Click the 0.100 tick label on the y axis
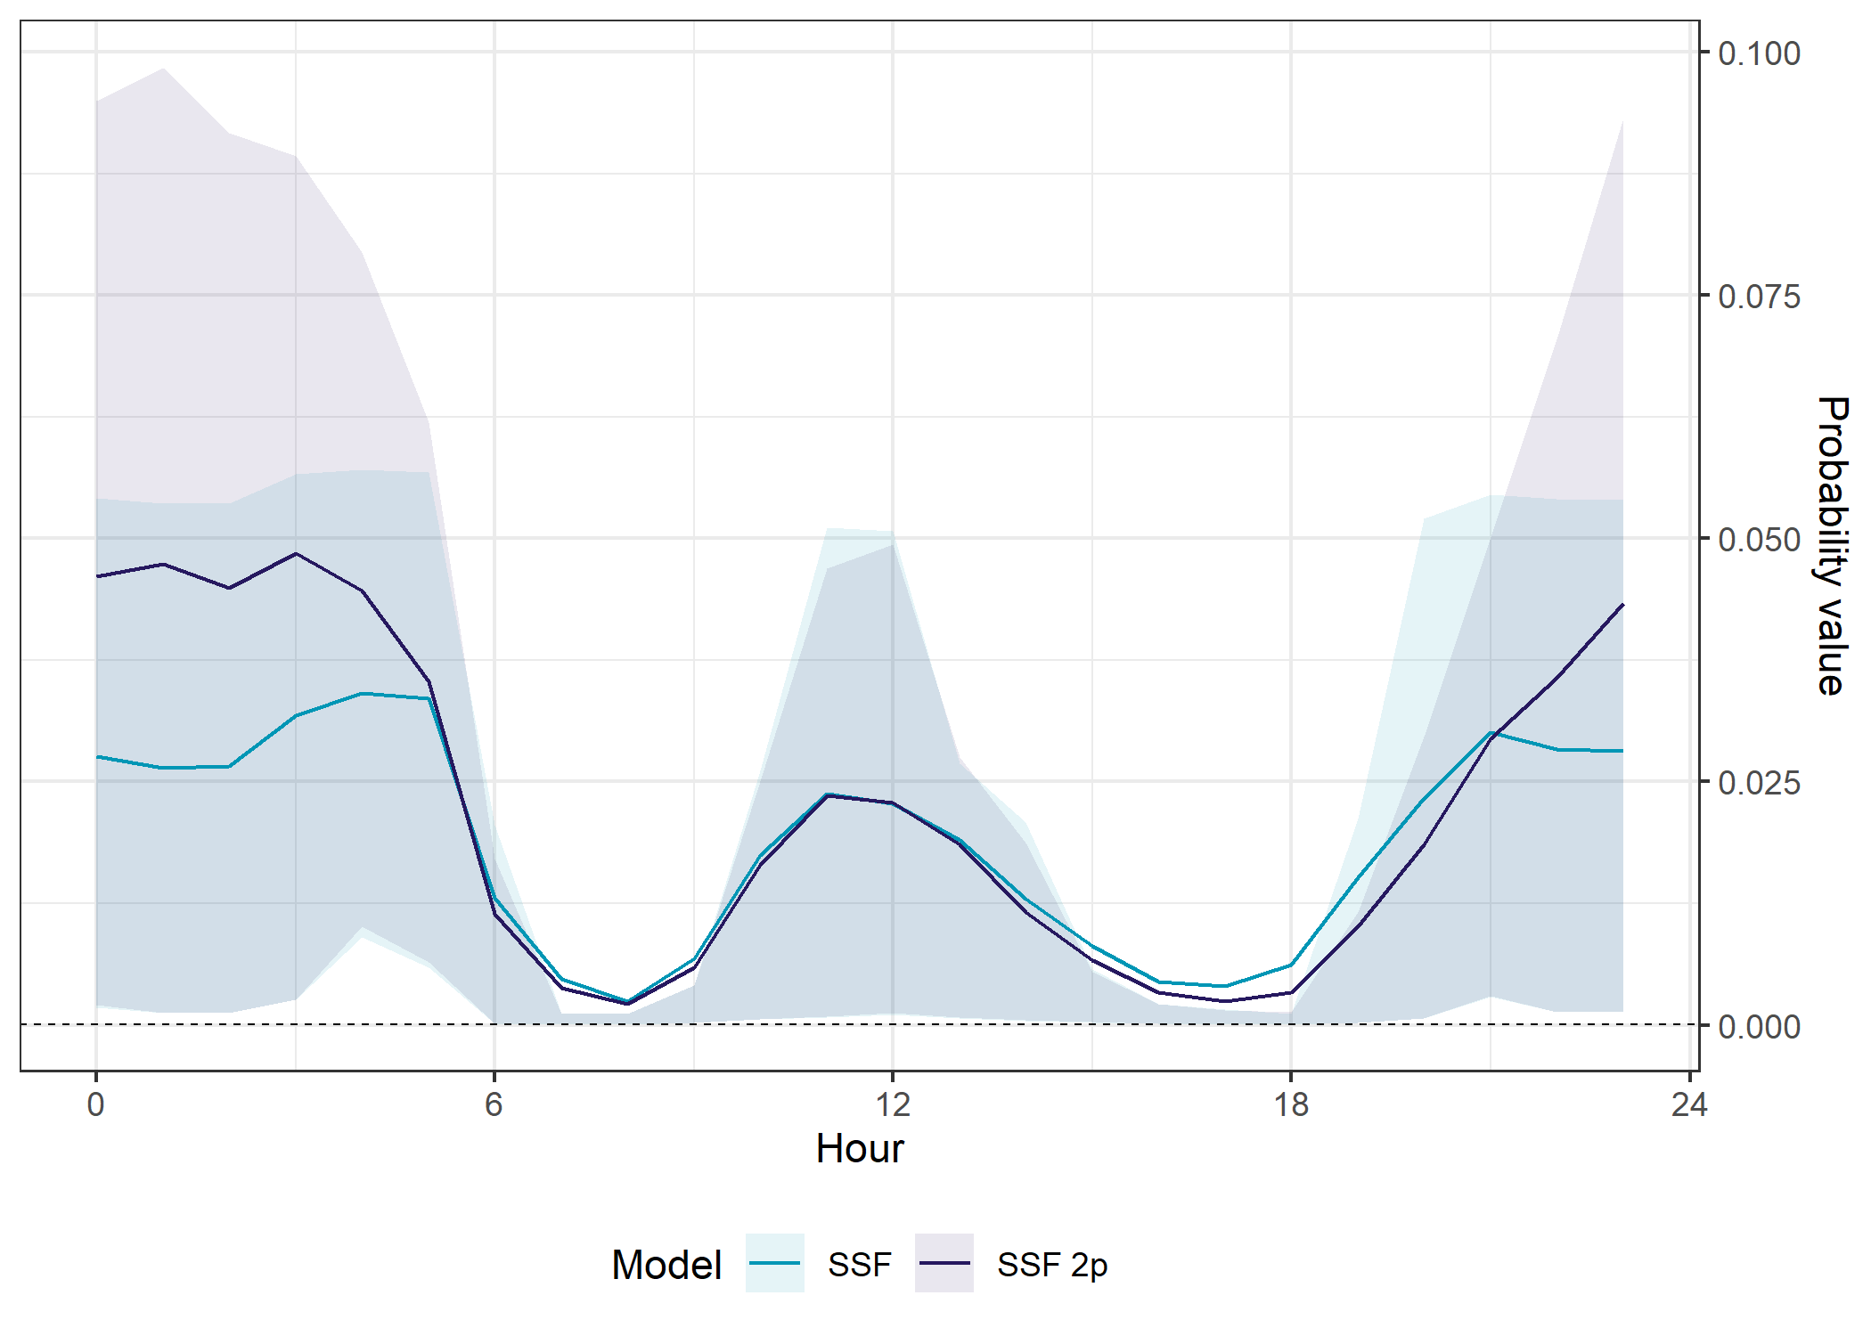[1759, 53]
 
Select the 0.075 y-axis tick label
[1759, 297]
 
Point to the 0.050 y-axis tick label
[1759, 540]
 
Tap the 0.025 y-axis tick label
[1759, 783]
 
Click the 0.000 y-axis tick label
[1759, 1026]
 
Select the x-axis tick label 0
[96, 1104]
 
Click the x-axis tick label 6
[494, 1104]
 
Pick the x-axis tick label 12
[893, 1104]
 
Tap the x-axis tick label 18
[1291, 1104]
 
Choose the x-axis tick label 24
[1689, 1104]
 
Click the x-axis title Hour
[860, 1149]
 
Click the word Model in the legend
[666, 1265]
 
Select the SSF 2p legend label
[1052, 1265]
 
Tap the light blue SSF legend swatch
[775, 1263]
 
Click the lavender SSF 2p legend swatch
[944, 1263]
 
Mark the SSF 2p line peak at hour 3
[296, 554]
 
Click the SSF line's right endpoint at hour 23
[1622, 751]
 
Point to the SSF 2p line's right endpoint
[1622, 606]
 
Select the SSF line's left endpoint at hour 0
[97, 757]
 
